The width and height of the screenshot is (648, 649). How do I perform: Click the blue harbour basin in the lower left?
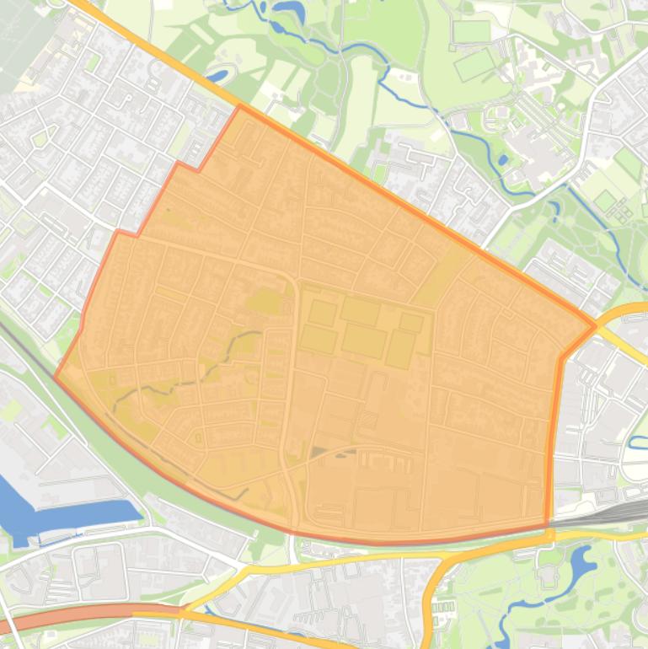point(51,510)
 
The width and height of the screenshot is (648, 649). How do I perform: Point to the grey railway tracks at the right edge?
point(615,511)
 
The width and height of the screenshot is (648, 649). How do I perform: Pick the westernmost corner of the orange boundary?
point(56,377)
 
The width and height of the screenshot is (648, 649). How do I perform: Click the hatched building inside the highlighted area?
point(368,420)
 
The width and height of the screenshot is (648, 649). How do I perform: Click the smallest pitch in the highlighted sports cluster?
point(411,322)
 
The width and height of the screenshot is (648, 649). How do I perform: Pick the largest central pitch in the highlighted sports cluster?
point(364,340)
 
